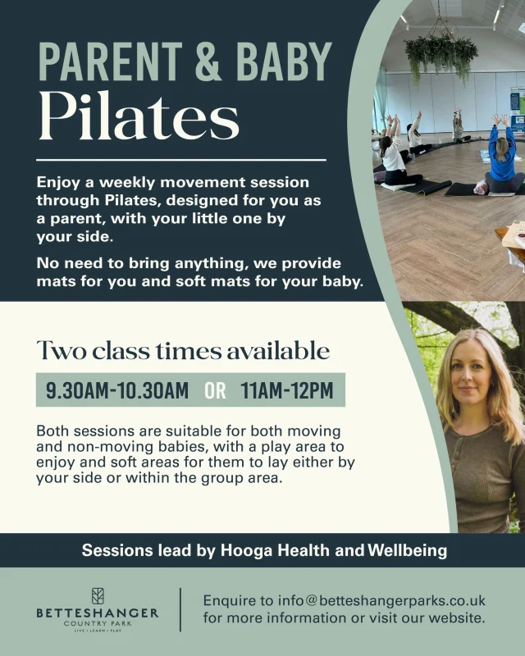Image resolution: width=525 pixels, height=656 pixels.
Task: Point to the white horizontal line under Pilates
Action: [x=180, y=160]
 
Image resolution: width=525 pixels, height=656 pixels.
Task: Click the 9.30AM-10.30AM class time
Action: [x=117, y=390]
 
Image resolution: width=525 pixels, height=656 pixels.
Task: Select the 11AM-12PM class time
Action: [x=287, y=390]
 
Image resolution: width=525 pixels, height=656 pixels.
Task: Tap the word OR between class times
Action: [x=215, y=390]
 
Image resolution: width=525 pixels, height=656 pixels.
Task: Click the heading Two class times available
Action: [x=183, y=351]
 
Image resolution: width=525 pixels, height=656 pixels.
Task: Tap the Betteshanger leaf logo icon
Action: [x=98, y=595]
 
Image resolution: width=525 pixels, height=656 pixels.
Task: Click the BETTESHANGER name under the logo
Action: [x=98, y=613]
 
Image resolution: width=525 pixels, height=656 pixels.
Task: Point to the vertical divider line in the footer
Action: [x=180, y=608]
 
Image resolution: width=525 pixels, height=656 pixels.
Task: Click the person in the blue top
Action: [x=502, y=156]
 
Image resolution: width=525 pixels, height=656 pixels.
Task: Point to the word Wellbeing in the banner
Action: [x=405, y=550]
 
